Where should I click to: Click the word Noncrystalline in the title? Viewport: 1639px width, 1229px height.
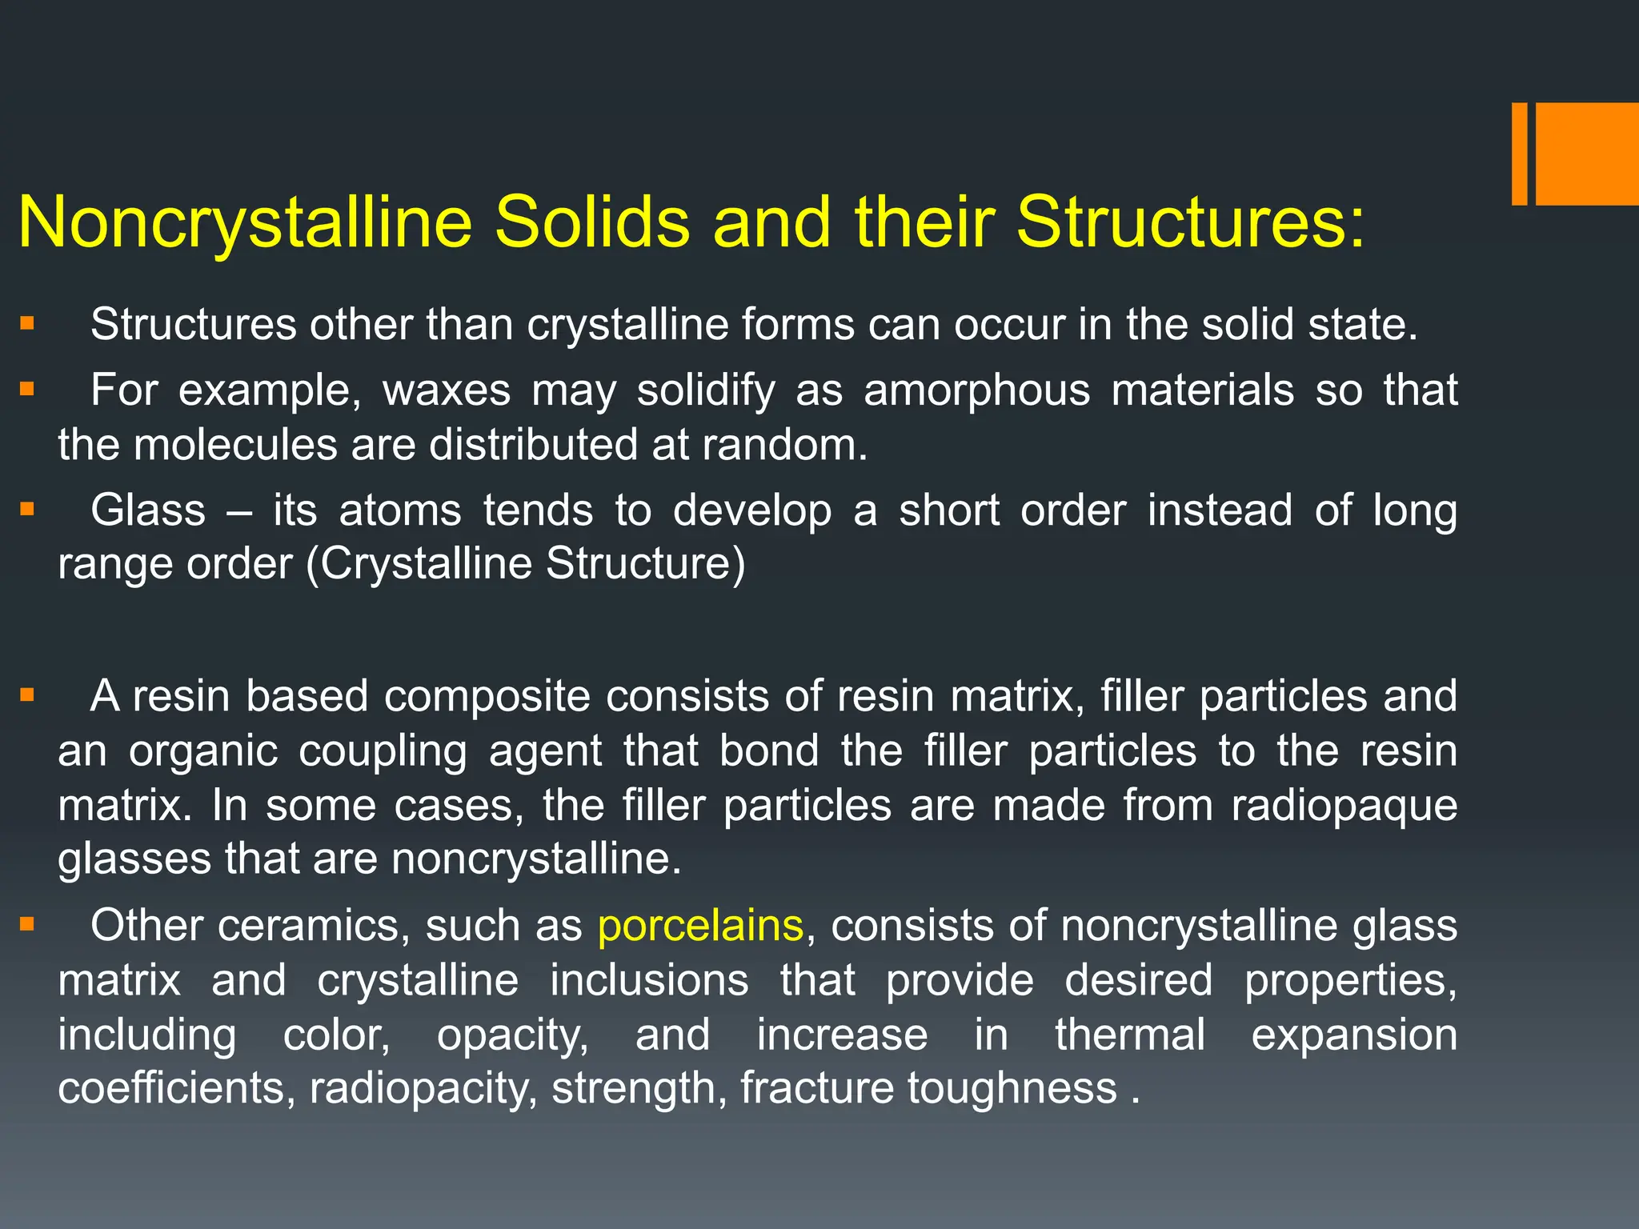point(245,222)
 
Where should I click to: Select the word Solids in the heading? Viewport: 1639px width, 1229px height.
point(591,222)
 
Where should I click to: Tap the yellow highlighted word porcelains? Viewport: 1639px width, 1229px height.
point(700,926)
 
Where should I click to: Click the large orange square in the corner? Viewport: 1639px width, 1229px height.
point(1587,154)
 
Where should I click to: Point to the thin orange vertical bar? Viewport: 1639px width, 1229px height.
point(1519,154)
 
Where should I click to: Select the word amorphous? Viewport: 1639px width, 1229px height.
point(976,390)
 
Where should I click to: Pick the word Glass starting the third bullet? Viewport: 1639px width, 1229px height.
point(148,510)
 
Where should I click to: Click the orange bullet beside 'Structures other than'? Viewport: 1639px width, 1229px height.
point(28,324)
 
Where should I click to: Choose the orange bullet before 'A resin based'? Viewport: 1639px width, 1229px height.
point(28,695)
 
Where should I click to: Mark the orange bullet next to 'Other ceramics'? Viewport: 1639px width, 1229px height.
point(28,925)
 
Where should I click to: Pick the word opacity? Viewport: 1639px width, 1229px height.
point(512,1035)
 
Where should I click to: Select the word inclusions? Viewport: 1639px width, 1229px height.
point(649,980)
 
